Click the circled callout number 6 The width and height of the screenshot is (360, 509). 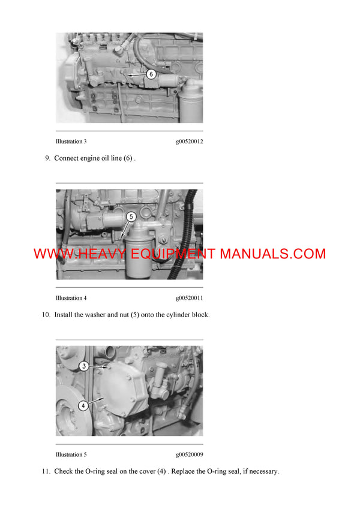click(x=151, y=74)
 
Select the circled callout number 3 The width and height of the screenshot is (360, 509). click(x=85, y=366)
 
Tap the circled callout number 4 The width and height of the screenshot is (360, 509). click(x=83, y=405)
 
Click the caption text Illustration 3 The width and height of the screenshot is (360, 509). click(x=71, y=141)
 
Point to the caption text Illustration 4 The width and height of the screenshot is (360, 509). click(x=71, y=298)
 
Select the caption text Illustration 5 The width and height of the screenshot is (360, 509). click(x=71, y=454)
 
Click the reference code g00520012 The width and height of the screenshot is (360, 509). click(x=189, y=141)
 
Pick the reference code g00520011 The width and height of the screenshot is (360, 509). click(x=189, y=298)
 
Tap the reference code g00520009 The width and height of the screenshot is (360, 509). click(x=189, y=454)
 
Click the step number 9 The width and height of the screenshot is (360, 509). click(x=47, y=158)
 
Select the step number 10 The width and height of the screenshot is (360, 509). click(x=46, y=315)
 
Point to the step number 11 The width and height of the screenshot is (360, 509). click(x=46, y=471)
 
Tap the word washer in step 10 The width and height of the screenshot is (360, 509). click(x=94, y=315)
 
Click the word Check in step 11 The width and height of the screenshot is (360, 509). click(x=65, y=471)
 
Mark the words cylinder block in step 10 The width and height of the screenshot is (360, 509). click(x=187, y=315)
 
